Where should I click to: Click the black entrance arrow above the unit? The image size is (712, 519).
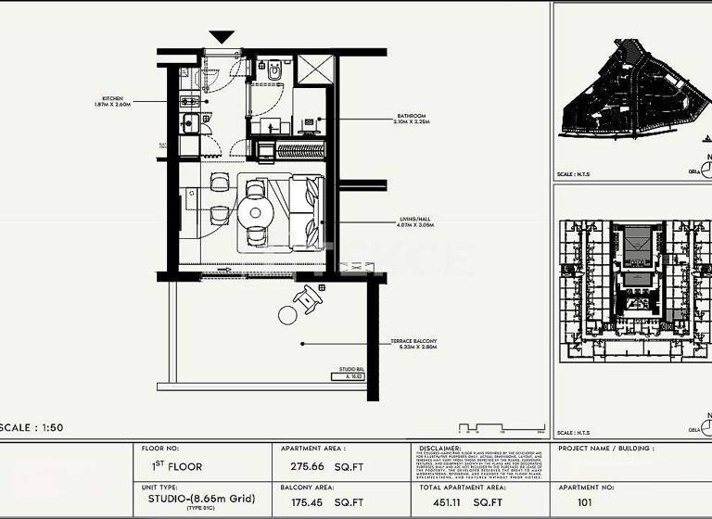tap(221, 37)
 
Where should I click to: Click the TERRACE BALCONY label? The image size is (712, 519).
tap(413, 344)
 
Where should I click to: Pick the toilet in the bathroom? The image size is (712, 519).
tap(275, 69)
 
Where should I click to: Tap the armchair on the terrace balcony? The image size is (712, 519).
tap(308, 297)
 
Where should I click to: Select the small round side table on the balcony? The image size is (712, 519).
tap(287, 315)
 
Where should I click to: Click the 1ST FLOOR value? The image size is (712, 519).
tap(176, 466)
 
